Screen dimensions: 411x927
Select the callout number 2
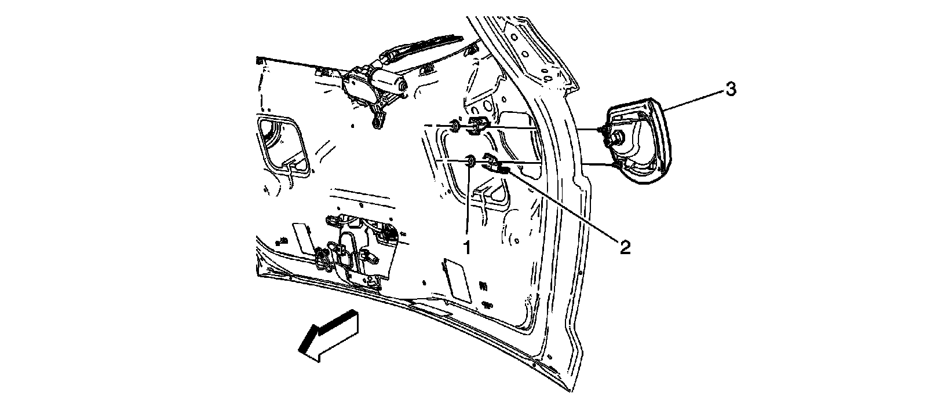624,247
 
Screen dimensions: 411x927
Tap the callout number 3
731,90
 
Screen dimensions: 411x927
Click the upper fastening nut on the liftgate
455,125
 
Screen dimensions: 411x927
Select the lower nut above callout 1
470,161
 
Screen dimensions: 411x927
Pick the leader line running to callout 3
692,98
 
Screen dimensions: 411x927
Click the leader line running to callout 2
562,205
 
